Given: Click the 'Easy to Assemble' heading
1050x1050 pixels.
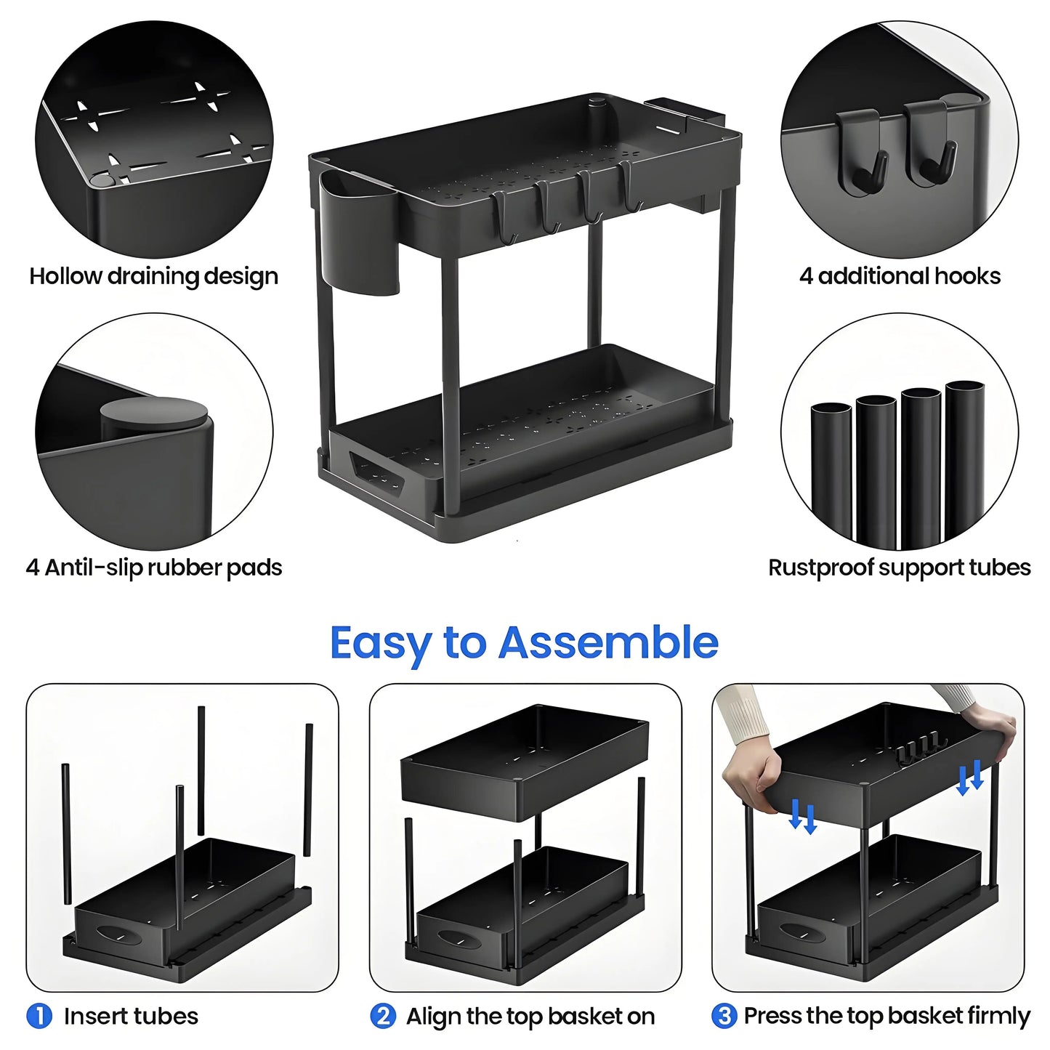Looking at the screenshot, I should coord(524,644).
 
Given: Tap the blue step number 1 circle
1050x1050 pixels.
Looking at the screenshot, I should coord(39,1015).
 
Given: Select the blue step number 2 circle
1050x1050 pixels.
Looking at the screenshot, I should coord(383,1015).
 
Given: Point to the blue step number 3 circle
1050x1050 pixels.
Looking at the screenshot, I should coord(724,1015).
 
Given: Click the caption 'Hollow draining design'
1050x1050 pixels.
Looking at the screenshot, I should coord(154,276).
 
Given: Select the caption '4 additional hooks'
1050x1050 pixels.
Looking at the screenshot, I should coord(900,276).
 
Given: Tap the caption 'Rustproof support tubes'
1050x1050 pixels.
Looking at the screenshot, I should coord(899,568).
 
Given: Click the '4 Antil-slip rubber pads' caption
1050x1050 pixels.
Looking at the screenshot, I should coord(154,568).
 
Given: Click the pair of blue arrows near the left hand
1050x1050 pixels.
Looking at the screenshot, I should coord(803,816).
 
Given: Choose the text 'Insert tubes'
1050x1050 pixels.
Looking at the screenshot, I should coord(131,1015).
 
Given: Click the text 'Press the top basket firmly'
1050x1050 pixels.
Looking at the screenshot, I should coord(887,1015).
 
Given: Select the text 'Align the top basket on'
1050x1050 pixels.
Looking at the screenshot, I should coord(530,1015).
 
